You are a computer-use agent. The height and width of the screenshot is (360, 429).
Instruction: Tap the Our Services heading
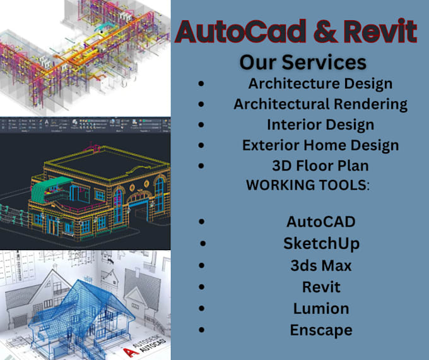tap(303, 63)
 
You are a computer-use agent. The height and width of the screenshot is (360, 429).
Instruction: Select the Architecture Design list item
tap(320, 83)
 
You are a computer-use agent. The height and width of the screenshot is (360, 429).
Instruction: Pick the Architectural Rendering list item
tap(320, 104)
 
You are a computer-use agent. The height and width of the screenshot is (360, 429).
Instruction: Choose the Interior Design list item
tap(320, 124)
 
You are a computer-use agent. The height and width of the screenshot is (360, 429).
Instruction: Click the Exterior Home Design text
tap(320, 145)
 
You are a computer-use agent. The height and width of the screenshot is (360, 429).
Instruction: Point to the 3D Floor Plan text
tap(320, 165)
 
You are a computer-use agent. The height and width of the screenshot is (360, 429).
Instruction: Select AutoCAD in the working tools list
tap(320, 222)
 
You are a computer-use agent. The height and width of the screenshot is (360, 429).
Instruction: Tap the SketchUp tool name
tap(320, 243)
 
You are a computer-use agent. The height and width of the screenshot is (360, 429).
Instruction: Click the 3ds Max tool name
tap(320, 265)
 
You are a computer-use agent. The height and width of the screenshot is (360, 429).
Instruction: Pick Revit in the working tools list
tap(320, 287)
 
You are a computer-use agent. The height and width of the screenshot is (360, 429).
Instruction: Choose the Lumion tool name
tap(320, 308)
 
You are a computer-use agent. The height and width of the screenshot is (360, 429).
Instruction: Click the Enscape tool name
tap(320, 330)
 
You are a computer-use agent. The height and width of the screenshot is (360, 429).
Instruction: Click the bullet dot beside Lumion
tap(201, 309)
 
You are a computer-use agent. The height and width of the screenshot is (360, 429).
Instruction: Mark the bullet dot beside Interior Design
tap(201, 125)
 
